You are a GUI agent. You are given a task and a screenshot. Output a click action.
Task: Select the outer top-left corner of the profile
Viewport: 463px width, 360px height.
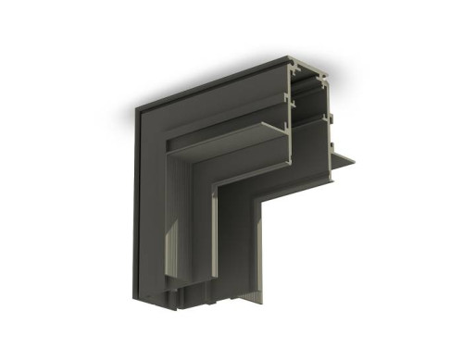pos(135,110)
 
